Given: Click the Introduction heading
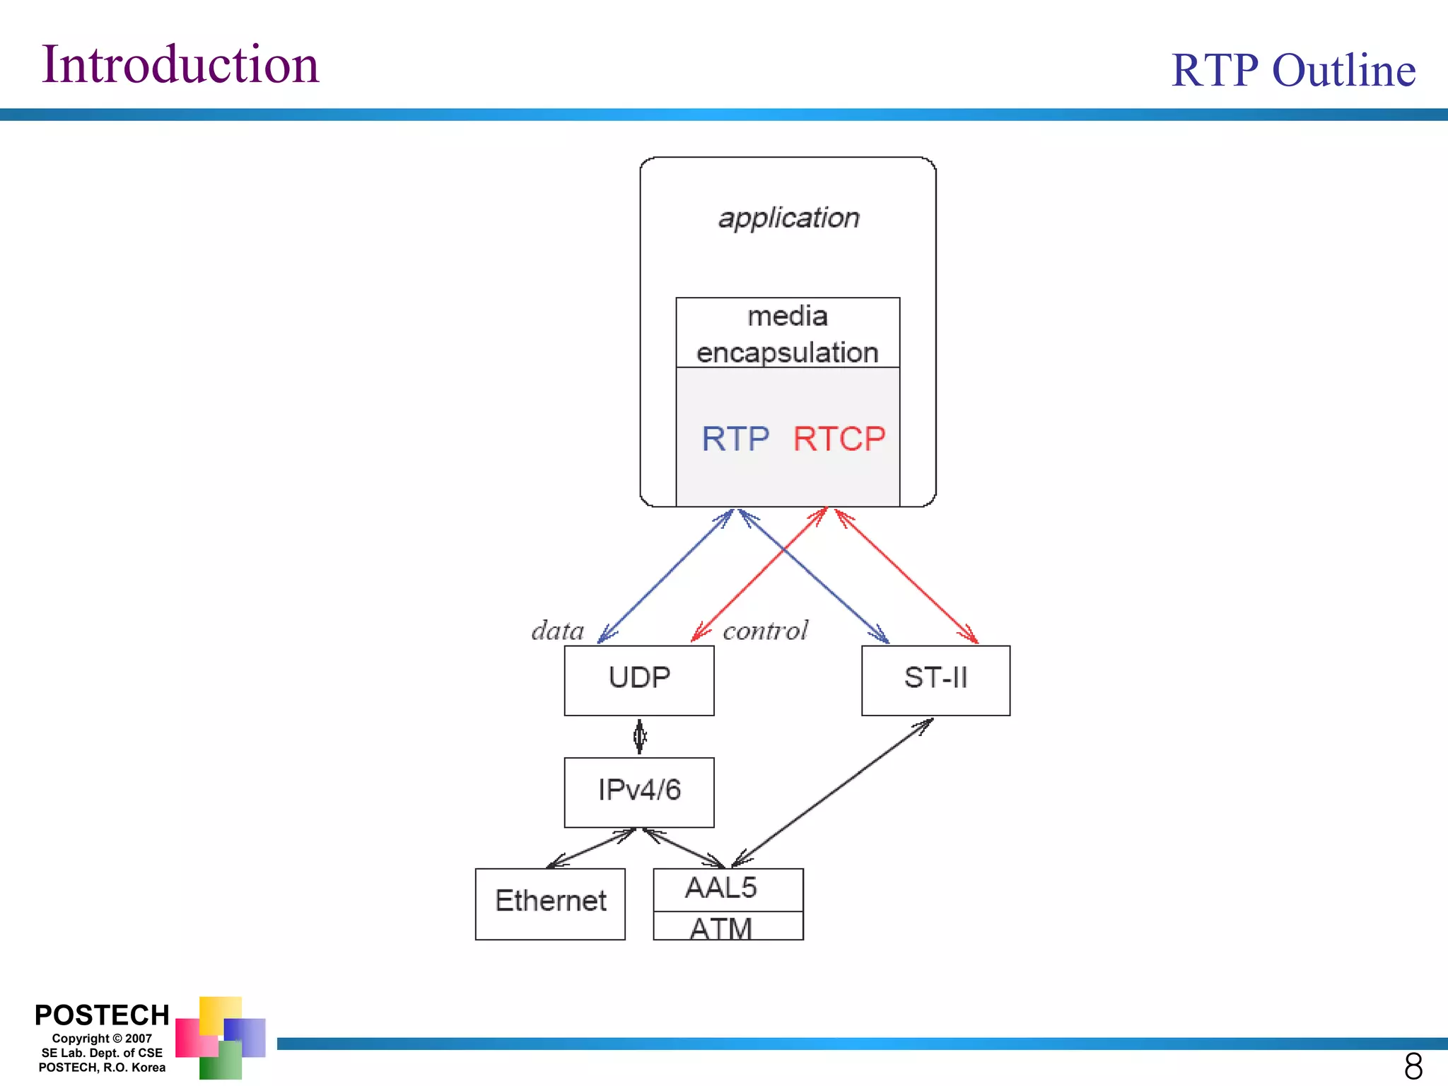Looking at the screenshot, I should coord(180,64).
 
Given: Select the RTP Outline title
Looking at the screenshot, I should coord(1292,70).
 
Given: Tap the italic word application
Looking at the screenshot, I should coord(788,218).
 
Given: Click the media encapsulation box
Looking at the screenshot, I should coord(788,333).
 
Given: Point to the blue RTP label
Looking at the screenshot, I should coord(735,439).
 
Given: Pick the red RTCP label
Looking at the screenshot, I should coord(839,439).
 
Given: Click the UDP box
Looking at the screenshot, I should coord(639,679).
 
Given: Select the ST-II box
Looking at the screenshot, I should coord(935,679).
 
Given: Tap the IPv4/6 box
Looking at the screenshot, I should coord(639,791).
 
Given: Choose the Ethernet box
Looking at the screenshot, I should coord(550,903).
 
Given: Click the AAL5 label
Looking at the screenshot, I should coord(720,889).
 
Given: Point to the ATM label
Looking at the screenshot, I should coord(720,928).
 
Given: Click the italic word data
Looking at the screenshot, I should coord(558,631).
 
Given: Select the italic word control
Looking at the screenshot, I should coord(765,631).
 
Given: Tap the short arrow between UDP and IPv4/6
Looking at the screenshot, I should coord(640,737).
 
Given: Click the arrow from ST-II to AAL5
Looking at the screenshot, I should coord(833,793).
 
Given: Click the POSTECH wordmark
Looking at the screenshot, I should coord(102,1015).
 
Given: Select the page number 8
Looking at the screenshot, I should coord(1413,1065).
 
